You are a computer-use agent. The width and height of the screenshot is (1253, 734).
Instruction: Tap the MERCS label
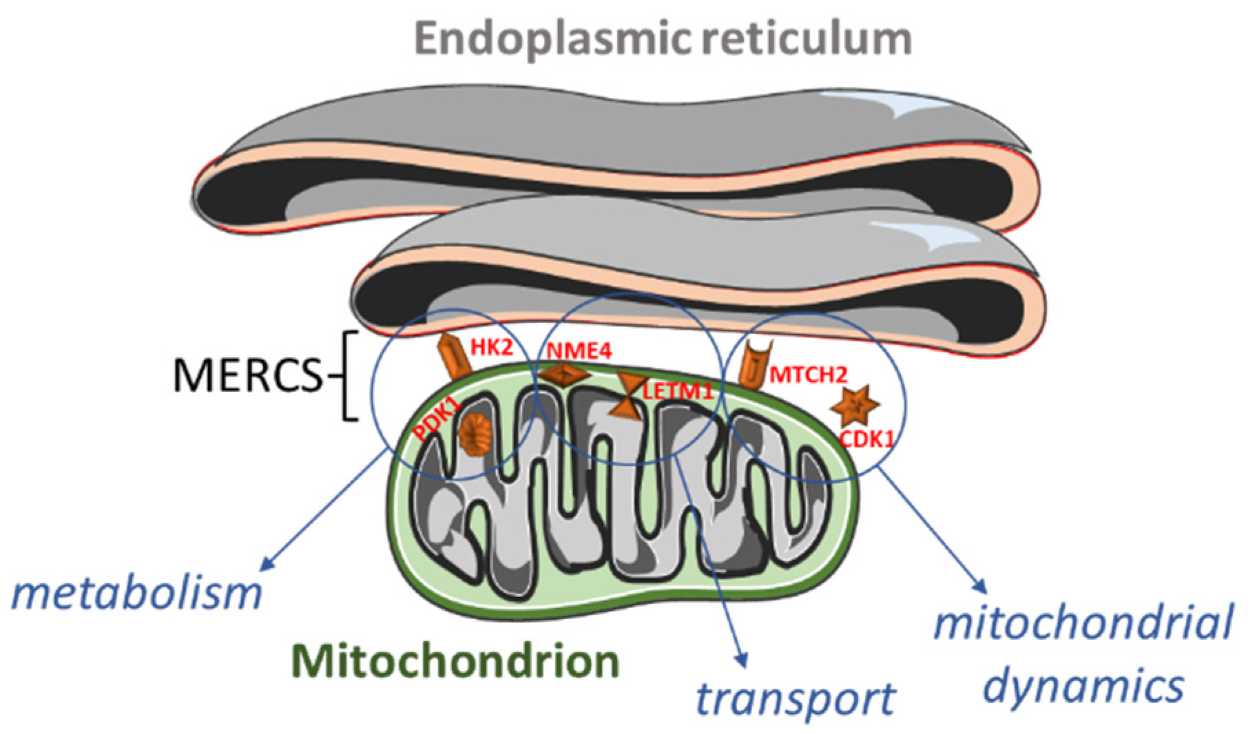(247, 376)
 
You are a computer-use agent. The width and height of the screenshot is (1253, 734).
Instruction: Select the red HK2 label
(492, 348)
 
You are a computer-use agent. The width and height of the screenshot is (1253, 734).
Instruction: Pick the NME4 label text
(579, 352)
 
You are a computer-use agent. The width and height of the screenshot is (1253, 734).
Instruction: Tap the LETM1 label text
(677, 391)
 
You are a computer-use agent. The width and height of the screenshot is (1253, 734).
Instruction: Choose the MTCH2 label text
(808, 375)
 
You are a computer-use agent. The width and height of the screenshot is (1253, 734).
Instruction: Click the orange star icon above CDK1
(855, 407)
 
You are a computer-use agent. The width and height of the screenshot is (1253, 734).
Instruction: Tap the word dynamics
(1083, 685)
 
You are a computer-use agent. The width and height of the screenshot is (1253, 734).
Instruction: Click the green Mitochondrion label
(455, 661)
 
